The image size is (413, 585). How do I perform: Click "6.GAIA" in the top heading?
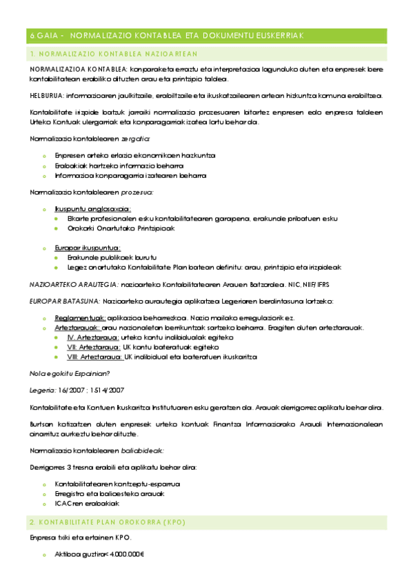pos(43,35)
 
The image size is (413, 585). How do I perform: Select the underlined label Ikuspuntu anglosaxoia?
pos(93,208)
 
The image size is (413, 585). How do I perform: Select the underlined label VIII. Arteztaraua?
pos(94,357)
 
